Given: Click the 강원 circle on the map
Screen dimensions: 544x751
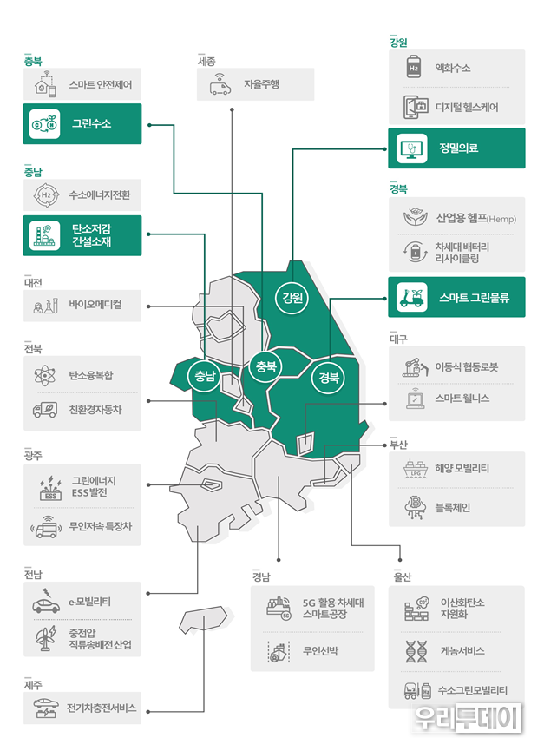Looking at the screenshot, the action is pyautogui.click(x=292, y=298).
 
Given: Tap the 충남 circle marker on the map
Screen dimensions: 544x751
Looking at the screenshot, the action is pyautogui.click(x=205, y=376).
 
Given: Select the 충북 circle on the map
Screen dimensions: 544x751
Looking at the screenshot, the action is pyautogui.click(x=265, y=367).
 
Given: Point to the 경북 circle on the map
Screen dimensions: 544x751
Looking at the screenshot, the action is pyautogui.click(x=329, y=378).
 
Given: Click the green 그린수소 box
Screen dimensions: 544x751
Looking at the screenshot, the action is pyautogui.click(x=82, y=123).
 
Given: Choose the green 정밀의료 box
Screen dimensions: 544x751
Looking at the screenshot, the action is pyautogui.click(x=456, y=148).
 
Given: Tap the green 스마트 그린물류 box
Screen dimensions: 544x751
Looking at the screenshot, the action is pyautogui.click(x=456, y=297).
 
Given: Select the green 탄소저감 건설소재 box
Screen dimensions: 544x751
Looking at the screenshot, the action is pyautogui.click(x=82, y=235).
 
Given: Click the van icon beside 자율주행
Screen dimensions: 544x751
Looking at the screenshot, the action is pyautogui.click(x=220, y=85).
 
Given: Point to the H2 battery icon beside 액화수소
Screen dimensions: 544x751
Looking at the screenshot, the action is pyautogui.click(x=413, y=67).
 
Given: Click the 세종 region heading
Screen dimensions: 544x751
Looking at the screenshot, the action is pyautogui.click(x=206, y=61).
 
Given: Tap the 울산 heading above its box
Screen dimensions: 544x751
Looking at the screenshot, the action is pyautogui.click(x=403, y=576).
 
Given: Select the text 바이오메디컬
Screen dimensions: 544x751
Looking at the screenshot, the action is pyautogui.click(x=95, y=304).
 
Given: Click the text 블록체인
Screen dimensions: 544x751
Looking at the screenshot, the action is pyautogui.click(x=453, y=507).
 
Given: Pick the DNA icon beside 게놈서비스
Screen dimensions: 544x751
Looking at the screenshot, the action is pyautogui.click(x=416, y=651).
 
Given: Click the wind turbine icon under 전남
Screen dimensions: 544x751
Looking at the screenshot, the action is pyautogui.click(x=46, y=638).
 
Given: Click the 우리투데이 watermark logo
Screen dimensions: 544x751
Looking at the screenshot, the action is pyautogui.click(x=467, y=718).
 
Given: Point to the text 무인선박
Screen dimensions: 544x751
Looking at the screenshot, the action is pyautogui.click(x=320, y=651).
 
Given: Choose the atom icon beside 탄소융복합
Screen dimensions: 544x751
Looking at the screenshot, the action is pyautogui.click(x=45, y=375).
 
